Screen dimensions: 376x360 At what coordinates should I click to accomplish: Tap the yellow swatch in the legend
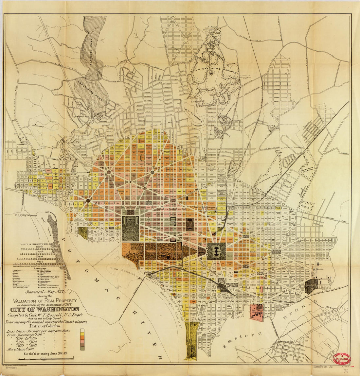82,330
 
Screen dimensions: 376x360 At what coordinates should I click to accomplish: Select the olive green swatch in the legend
82,349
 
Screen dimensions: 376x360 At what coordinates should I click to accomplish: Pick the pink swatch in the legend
82,339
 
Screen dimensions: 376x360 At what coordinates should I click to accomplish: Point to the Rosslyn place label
13,215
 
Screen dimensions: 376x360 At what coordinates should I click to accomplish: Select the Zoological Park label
89,93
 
